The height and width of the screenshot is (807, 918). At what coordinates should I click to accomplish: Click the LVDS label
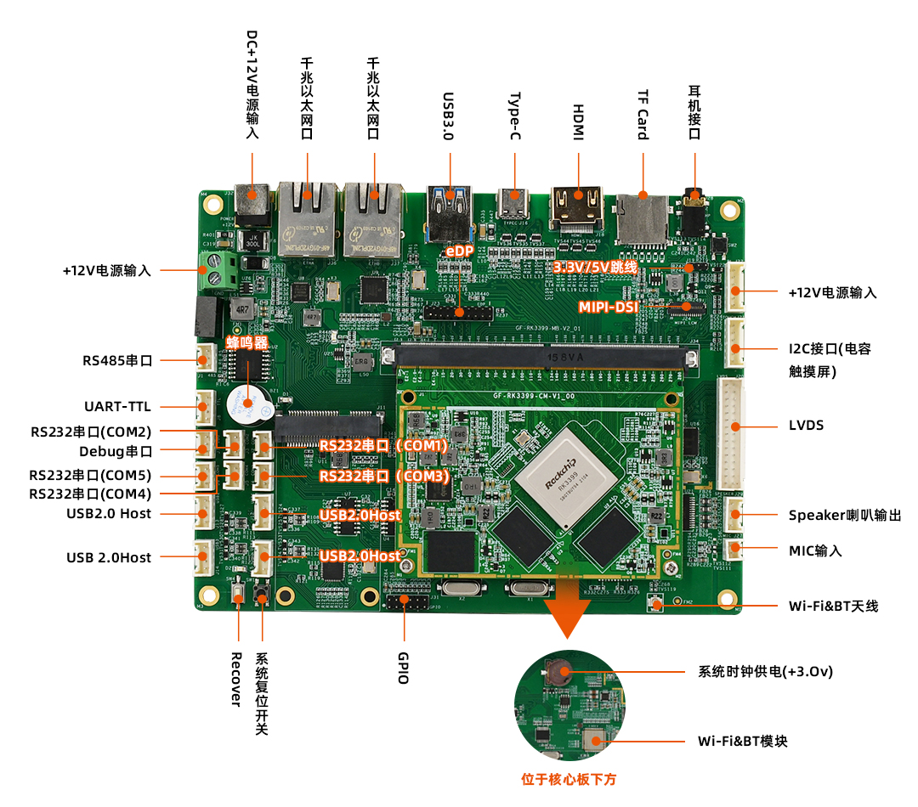[x=806, y=426]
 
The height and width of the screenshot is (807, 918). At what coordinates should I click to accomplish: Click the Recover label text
[x=237, y=679]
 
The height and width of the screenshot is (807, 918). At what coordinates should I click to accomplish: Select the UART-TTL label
[x=117, y=407]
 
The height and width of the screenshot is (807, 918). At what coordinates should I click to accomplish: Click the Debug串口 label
[x=116, y=451]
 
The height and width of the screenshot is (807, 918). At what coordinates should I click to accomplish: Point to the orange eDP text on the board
[x=460, y=251]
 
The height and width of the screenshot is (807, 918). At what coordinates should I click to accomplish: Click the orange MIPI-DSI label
[x=608, y=307]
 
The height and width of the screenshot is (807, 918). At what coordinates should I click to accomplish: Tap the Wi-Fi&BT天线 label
[x=833, y=606]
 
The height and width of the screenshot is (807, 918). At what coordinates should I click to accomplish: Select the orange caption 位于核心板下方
[x=568, y=778]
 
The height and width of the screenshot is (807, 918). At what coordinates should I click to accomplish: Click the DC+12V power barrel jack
[x=252, y=204]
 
